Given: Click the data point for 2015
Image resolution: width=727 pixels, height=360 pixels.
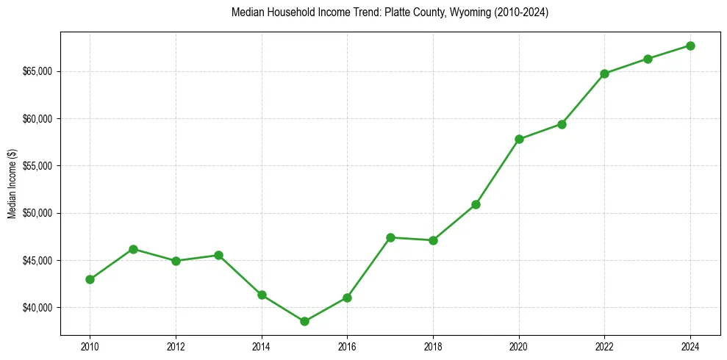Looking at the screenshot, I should [x=304, y=321].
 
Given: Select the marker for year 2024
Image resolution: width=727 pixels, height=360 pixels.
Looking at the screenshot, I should [x=690, y=46].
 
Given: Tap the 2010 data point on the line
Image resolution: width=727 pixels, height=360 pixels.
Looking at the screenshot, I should [x=90, y=279].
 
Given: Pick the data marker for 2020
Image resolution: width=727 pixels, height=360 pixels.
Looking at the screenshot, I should [x=519, y=139].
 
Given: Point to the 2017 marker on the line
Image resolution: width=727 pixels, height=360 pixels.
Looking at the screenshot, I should [x=390, y=237].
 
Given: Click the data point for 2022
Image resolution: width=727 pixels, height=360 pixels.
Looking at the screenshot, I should [x=604, y=73].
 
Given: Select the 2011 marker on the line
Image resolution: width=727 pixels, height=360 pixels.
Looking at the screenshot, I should [x=133, y=249].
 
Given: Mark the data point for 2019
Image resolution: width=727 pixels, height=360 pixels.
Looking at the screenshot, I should [x=476, y=204].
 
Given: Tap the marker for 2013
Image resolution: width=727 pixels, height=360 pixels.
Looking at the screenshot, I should [x=218, y=255].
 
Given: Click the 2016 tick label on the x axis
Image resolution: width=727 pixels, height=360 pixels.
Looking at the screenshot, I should [x=347, y=346].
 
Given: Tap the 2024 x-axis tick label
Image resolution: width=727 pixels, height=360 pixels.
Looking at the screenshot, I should [x=690, y=346].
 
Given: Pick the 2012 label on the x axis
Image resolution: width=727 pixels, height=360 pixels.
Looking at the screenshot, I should [x=176, y=346].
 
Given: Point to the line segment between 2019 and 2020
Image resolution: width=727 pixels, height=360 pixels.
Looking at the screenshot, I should [x=498, y=171].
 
